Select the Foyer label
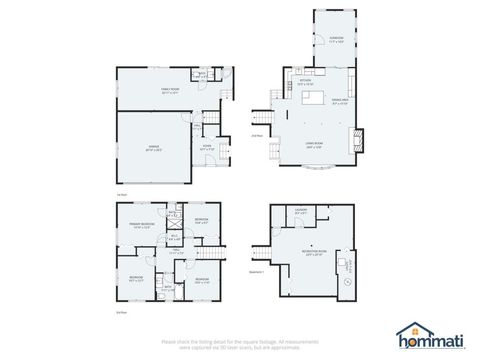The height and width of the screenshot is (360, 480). click(206, 148)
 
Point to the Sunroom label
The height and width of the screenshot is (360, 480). click(337, 41)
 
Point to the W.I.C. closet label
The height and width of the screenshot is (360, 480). click(174, 238)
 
